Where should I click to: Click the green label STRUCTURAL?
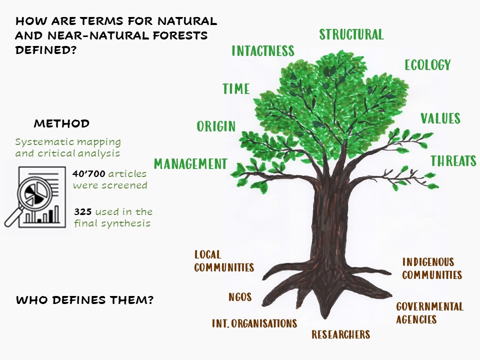coord(351,34)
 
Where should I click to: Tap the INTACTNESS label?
coord(262,51)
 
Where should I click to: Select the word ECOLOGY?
coord(427,65)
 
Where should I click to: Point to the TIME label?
coord(236,89)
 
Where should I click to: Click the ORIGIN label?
coord(216,126)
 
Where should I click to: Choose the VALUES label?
coord(440,118)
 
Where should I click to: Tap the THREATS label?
coord(453,161)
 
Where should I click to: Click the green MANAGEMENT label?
coord(190,164)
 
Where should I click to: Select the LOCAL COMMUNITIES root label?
coord(223,261)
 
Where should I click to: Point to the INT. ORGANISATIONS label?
coord(254,323)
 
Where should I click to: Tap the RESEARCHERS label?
coord(340,334)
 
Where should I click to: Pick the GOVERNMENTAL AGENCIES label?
coord(429,313)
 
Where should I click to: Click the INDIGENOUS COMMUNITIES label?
coord(431,268)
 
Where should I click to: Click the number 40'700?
coord(89,174)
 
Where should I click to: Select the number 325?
coord(82,212)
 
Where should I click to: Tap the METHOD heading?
coord(61,123)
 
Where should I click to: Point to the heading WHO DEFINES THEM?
coord(84,300)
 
